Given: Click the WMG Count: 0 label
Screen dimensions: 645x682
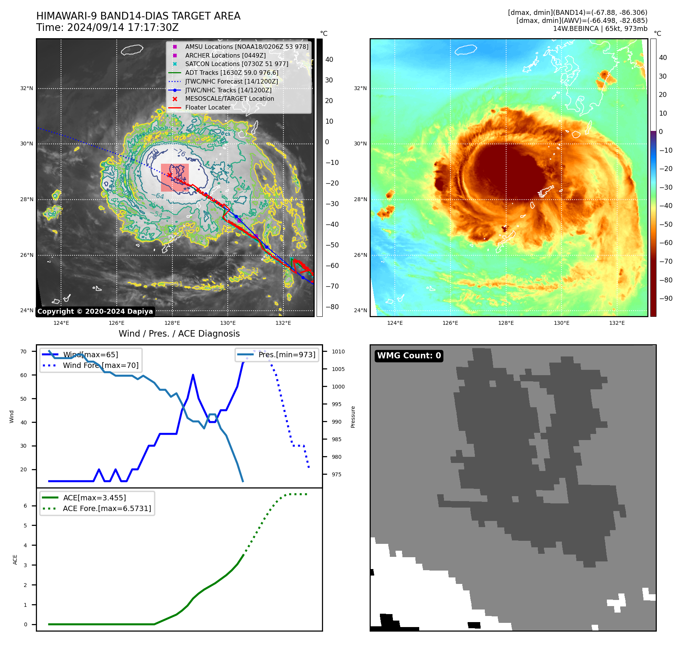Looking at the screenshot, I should [x=409, y=356].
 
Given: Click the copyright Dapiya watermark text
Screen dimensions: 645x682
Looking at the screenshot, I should [x=95, y=311].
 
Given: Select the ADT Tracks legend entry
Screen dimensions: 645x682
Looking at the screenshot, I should [x=232, y=73].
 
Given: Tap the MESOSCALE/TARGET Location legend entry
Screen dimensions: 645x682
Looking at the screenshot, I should [x=229, y=98].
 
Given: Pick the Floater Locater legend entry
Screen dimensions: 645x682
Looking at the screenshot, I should [x=207, y=107].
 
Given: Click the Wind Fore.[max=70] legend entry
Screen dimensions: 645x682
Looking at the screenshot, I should [x=101, y=365].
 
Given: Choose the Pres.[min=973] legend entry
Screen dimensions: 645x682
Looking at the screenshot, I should [x=287, y=355].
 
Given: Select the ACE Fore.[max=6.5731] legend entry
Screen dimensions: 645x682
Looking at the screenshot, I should [x=107, y=508].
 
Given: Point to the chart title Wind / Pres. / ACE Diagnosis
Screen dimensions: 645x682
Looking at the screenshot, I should [x=179, y=334].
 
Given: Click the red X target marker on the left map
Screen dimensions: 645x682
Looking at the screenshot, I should [x=169, y=175].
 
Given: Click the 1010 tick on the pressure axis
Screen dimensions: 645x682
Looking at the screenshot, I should [x=338, y=352].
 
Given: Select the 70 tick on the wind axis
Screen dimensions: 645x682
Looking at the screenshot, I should [x=24, y=352].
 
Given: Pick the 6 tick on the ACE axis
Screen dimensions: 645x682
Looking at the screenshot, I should [x=25, y=506].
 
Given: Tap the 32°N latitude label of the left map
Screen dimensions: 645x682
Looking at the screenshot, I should [x=27, y=88].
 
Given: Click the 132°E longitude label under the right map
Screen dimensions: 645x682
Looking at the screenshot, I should [x=617, y=323].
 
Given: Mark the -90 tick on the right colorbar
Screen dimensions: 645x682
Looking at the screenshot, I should [x=666, y=298].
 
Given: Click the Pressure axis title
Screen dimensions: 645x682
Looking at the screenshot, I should [x=353, y=417].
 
